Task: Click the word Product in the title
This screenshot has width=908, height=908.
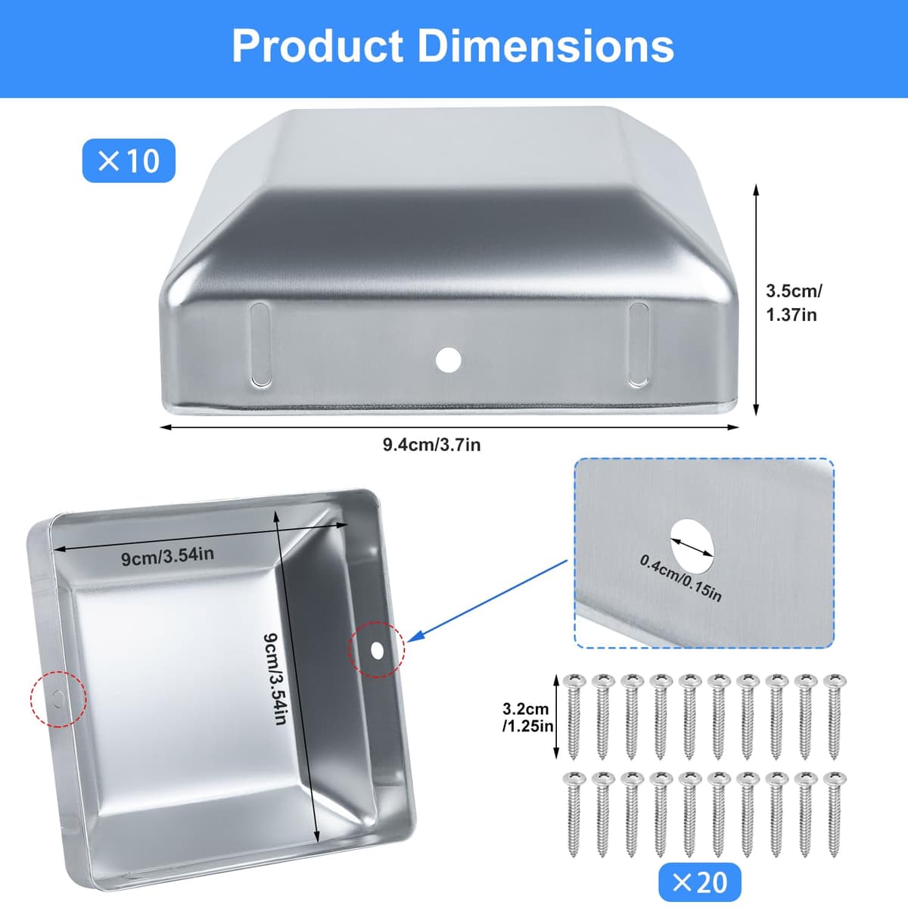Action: click(318, 46)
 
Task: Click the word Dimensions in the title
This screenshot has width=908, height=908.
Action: click(546, 46)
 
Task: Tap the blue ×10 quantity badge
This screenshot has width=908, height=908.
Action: click(129, 160)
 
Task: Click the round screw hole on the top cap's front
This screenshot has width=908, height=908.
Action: click(448, 360)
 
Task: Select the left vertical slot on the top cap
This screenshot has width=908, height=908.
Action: click(260, 344)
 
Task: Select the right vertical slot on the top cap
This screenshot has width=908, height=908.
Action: click(639, 344)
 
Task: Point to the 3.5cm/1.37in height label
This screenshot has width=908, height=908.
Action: click(794, 303)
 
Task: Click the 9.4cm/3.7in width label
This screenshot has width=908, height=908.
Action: click(431, 444)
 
